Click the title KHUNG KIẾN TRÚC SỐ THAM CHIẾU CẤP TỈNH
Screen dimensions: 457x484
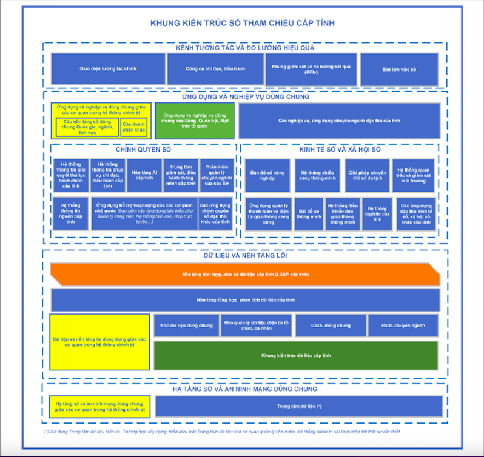(243, 24)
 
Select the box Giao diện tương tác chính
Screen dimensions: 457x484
(108, 69)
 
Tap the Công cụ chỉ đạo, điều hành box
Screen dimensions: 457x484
(215, 69)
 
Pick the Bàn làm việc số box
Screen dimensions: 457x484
(399, 69)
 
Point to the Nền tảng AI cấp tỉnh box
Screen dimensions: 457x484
(144, 175)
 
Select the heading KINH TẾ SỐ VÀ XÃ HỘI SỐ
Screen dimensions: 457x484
(339, 149)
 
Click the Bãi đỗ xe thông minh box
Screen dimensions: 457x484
(309, 213)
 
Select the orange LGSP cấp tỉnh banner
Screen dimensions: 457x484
(245, 275)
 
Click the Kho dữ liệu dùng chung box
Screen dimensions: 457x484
(186, 325)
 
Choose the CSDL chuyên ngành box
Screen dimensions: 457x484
(403, 325)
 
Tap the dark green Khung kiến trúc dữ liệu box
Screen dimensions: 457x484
(295, 356)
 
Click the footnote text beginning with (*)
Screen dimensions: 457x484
(222, 432)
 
